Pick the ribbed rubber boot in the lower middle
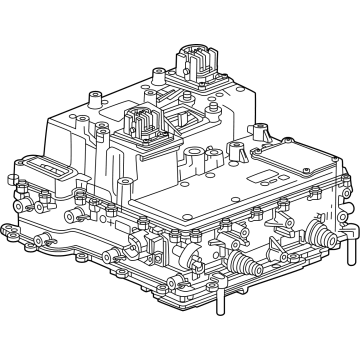click(242, 264)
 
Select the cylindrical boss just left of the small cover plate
click(238, 150)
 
